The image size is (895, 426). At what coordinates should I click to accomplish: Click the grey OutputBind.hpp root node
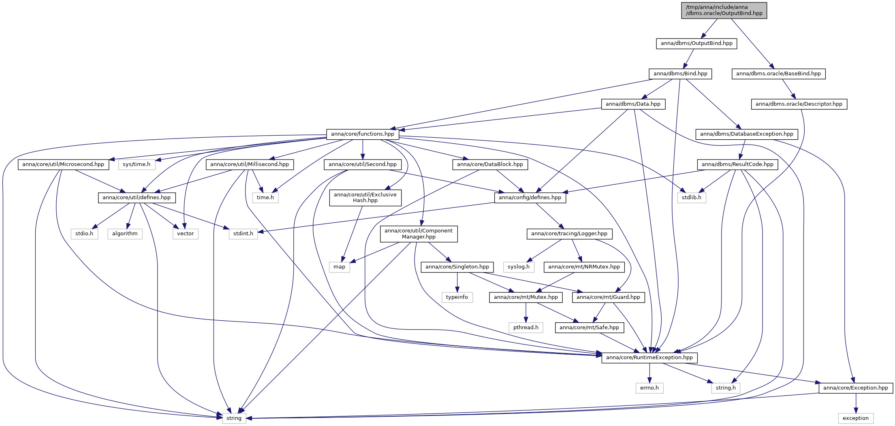click(x=724, y=10)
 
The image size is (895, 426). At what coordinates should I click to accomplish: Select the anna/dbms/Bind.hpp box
click(x=680, y=74)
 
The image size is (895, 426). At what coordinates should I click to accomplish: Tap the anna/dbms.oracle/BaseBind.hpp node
click(x=778, y=74)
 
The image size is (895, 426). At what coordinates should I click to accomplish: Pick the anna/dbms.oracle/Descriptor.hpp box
click(x=799, y=104)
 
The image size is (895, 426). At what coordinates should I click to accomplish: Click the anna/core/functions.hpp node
click(x=363, y=134)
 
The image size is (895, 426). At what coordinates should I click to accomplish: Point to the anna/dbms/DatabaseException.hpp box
click(x=747, y=134)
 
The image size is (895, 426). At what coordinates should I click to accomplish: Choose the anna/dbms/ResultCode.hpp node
click(x=737, y=164)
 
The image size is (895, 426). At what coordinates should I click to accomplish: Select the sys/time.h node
click(x=137, y=164)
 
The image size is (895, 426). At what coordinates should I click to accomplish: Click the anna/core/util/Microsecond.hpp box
click(x=63, y=164)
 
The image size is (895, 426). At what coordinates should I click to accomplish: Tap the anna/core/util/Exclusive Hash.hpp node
click(x=365, y=198)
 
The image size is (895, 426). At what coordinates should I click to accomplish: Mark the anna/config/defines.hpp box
click(x=530, y=198)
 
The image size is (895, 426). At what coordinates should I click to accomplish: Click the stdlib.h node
click(x=692, y=198)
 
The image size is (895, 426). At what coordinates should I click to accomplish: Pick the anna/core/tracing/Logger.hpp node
click(x=569, y=234)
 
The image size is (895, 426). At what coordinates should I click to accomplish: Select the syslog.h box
click(x=519, y=267)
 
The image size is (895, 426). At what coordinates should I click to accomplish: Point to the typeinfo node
click(x=457, y=297)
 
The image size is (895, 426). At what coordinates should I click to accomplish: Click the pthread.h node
click(x=526, y=328)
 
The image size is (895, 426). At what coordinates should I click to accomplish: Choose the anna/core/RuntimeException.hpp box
click(x=649, y=358)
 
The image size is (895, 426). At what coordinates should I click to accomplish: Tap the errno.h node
click(x=649, y=388)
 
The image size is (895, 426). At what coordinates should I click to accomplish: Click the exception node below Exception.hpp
click(x=856, y=418)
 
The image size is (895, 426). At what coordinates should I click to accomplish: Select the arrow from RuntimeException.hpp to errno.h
click(x=649, y=373)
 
